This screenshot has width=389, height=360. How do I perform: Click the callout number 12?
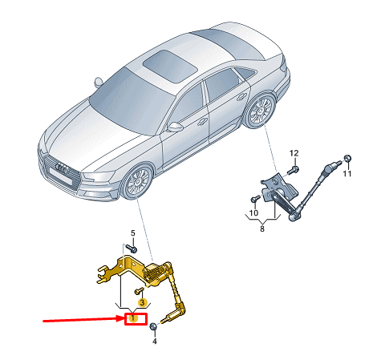pos(294,153)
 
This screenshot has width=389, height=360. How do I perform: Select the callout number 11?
pos(347,174)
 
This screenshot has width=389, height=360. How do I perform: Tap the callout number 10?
pos(253,212)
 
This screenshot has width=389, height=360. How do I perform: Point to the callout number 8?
pos(262,229)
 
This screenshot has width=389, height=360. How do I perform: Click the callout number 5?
pos(133,233)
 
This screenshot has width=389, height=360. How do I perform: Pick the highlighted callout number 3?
pos(142,302)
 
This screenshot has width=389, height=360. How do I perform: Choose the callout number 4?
pos(154,342)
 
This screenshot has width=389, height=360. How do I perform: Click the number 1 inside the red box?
pos(133,318)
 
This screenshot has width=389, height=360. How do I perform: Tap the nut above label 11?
pos(347,158)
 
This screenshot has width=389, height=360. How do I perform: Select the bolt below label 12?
pos(293,169)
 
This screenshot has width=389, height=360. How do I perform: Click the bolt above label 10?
pos(255,199)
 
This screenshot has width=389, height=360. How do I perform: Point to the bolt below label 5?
pos(132,249)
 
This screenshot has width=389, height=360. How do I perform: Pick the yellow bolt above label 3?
pos(140,290)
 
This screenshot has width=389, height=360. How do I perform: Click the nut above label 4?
pos(153,326)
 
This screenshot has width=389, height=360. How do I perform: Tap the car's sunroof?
pos(170,67)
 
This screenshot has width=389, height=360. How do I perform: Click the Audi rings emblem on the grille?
pos(62,168)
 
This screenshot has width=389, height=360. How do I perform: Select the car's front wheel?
pos(137,182)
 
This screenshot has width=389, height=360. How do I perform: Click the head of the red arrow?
pos(121,318)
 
